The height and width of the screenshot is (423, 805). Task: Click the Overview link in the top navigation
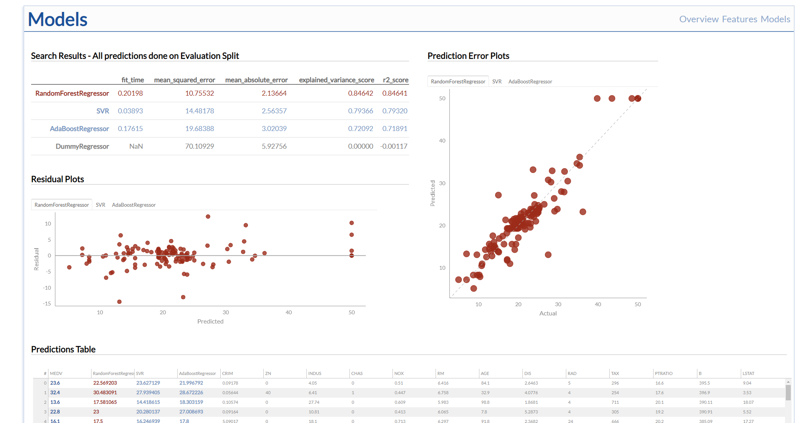tap(699, 19)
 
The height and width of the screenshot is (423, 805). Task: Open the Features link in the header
tap(740, 19)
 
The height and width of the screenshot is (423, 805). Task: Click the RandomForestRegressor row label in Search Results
tap(72, 93)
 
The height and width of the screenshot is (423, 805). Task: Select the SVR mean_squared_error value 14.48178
tap(200, 111)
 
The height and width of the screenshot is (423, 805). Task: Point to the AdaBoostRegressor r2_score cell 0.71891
tap(395, 129)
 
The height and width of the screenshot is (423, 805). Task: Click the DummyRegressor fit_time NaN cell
tap(136, 146)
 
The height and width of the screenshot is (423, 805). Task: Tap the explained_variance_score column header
tap(336, 80)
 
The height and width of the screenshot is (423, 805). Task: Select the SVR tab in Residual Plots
tap(100, 205)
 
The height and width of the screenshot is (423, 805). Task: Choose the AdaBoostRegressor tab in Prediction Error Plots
tap(530, 81)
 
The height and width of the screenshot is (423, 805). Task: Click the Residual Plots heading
tap(58, 179)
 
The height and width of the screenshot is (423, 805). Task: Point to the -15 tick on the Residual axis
tap(47, 304)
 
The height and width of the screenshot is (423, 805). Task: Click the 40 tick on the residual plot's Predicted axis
tap(289, 312)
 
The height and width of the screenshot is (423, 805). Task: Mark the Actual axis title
tap(548, 314)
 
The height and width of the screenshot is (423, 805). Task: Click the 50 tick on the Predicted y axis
tap(442, 98)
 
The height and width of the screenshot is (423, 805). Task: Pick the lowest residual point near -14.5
tap(119, 302)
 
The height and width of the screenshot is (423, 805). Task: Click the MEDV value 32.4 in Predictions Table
tap(55, 393)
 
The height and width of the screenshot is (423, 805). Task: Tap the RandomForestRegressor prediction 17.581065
tap(105, 402)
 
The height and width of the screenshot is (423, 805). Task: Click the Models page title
tap(58, 19)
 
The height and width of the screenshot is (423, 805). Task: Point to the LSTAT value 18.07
tap(748, 402)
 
